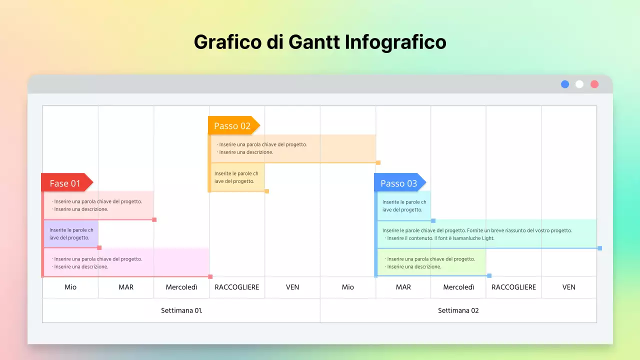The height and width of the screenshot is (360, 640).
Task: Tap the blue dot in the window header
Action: (x=565, y=84)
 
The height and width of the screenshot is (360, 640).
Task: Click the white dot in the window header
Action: (x=579, y=84)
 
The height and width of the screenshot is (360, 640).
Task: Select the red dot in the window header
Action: (x=594, y=84)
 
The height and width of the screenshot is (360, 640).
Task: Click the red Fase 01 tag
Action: (x=65, y=183)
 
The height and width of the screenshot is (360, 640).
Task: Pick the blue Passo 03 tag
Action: (x=398, y=183)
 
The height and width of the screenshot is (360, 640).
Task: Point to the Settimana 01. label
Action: (x=181, y=310)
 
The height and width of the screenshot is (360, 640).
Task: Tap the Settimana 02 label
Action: (x=458, y=310)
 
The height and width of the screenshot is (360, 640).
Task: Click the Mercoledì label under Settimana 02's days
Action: (x=458, y=287)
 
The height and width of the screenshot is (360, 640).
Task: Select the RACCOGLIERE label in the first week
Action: (x=237, y=287)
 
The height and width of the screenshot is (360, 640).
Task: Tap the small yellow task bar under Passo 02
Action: (x=237, y=177)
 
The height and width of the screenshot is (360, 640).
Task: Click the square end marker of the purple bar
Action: (x=99, y=247)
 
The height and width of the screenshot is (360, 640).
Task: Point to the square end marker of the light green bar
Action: (x=489, y=275)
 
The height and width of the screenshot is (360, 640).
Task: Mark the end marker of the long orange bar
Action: (x=378, y=162)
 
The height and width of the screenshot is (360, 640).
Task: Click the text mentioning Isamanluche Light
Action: (x=440, y=238)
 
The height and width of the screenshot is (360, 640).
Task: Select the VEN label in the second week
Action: (x=568, y=287)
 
